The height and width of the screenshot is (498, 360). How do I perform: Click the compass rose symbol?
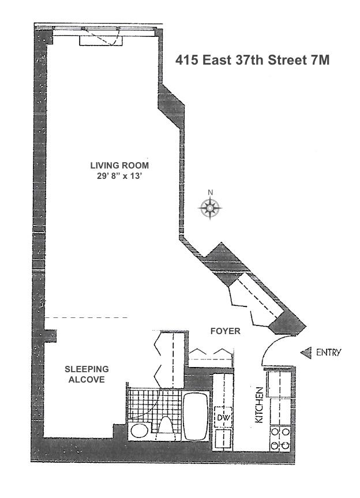(x=211, y=208)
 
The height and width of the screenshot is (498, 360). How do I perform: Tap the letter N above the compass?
(x=211, y=193)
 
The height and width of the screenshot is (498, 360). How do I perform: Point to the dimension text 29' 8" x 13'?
(x=119, y=176)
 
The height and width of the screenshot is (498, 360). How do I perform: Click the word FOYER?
(x=226, y=332)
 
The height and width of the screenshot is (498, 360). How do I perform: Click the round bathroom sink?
(x=138, y=430)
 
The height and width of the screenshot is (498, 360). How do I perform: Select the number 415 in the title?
(x=187, y=60)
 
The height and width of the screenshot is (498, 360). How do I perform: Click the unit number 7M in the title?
(x=318, y=60)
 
